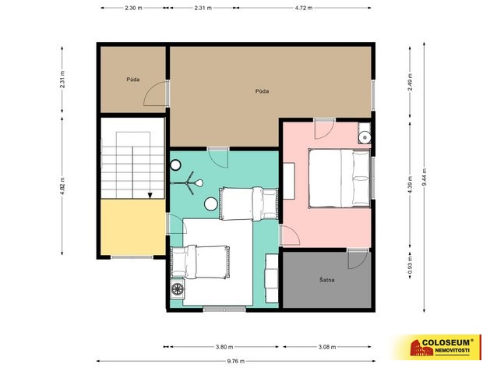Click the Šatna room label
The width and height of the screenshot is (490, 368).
click(327, 280)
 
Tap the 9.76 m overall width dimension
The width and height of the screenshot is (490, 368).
click(235, 361)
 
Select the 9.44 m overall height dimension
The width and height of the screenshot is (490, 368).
click(424, 177)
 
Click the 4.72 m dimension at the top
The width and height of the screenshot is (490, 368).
click(304, 8)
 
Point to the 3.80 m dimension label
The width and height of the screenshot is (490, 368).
click(224, 347)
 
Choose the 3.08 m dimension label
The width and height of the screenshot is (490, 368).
click(327, 347)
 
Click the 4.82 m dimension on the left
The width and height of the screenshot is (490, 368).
click(62, 186)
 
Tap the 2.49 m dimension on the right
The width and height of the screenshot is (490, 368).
click(410, 82)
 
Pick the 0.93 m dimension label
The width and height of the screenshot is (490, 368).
click(410, 265)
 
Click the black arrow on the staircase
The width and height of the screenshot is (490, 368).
click(150, 196)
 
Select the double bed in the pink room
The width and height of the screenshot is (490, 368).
click(340, 179)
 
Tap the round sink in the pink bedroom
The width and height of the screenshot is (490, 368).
click(365, 137)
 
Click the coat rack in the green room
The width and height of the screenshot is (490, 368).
click(187, 183)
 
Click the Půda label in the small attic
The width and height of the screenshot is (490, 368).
click(133, 80)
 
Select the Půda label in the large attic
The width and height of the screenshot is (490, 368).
click(262, 91)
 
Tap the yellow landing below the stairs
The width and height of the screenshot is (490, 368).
click(133, 228)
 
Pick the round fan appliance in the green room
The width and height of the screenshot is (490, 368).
click(177, 289)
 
